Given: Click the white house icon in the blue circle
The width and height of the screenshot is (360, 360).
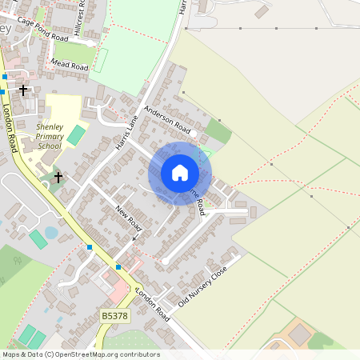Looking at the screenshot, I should tap(180, 173).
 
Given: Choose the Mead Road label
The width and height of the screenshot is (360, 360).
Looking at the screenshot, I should tap(69, 65).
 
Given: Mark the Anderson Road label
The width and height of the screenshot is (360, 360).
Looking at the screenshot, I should tap(167, 120).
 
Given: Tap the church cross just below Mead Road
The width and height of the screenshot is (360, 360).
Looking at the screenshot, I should tap(23, 90).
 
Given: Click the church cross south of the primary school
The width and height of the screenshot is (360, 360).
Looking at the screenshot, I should tap(58, 175).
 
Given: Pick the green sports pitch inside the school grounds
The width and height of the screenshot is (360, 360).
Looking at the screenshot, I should tap(75, 134).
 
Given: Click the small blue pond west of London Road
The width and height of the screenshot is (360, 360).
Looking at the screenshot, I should tap(51, 233).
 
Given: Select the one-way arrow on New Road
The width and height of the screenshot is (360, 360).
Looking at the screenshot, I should tap(136, 238).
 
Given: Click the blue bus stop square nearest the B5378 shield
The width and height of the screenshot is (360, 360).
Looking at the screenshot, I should tap(118, 266).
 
